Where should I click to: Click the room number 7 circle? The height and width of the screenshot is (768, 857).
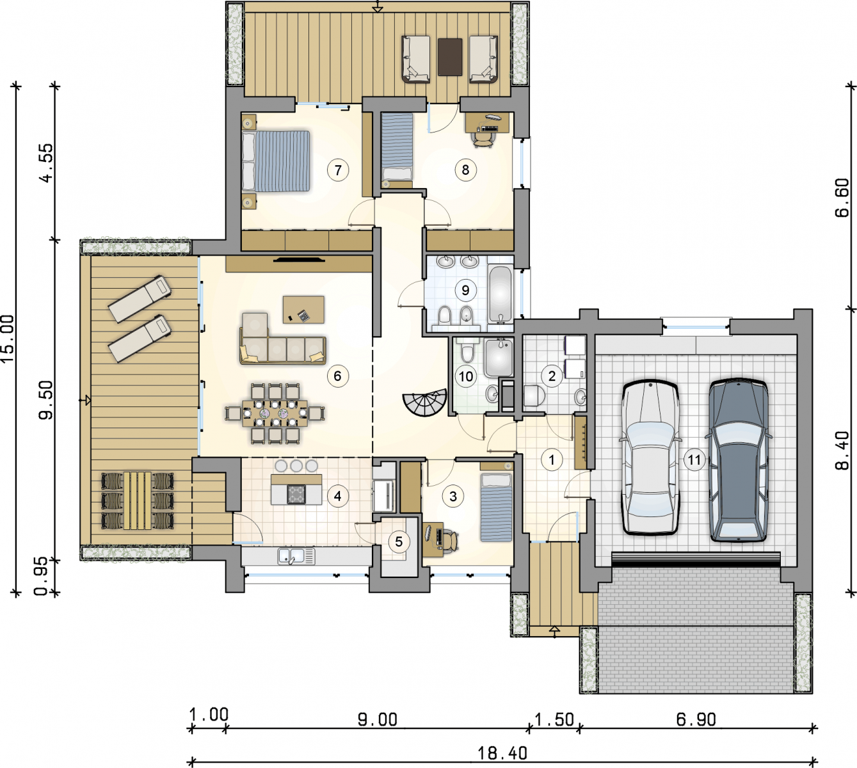pyautogui.click(x=338, y=170)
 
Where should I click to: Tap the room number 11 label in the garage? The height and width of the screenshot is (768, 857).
pyautogui.click(x=694, y=460)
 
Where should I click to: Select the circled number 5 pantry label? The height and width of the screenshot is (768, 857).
pyautogui.click(x=399, y=541)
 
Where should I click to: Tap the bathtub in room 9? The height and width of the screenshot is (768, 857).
pyautogui.click(x=501, y=294)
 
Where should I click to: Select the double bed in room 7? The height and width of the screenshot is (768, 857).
pyautogui.click(x=276, y=161)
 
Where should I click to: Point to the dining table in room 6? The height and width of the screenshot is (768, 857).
pyautogui.click(x=275, y=412)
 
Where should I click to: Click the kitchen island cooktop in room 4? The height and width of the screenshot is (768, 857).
pyautogui.click(x=296, y=493)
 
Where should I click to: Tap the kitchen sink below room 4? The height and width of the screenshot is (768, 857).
pyautogui.click(x=296, y=556)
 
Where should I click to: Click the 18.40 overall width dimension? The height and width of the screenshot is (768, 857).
pyautogui.click(x=502, y=753)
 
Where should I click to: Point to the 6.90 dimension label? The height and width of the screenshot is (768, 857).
pyautogui.click(x=696, y=719)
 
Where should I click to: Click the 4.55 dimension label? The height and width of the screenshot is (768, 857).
pyautogui.click(x=47, y=163)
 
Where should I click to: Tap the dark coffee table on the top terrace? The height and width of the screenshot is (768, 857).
pyautogui.click(x=450, y=57)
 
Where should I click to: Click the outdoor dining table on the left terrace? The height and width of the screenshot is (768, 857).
pyautogui.click(x=138, y=500)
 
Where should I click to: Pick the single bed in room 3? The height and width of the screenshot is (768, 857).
pyautogui.click(x=497, y=508)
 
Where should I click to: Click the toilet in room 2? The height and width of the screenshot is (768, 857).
pyautogui.click(x=534, y=396)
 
